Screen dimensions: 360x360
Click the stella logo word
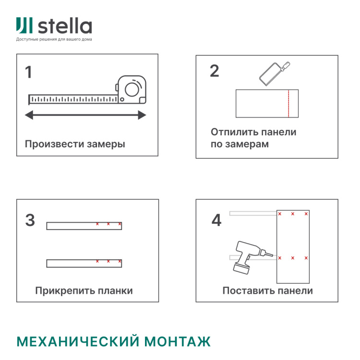click(x=64, y=26)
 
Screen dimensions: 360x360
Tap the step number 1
click(x=29, y=72)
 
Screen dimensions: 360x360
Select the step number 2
click(x=214, y=71)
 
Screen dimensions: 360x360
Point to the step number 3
click(x=30, y=220)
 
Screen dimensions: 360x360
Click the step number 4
click(x=216, y=220)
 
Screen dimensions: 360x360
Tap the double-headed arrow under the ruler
click(x=85, y=115)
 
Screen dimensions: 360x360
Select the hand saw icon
click(x=271, y=72)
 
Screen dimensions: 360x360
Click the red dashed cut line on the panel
click(x=288, y=103)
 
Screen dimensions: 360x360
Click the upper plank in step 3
click(x=84, y=226)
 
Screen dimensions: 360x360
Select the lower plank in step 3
click(x=84, y=263)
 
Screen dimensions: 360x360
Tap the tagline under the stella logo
click(x=54, y=39)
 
